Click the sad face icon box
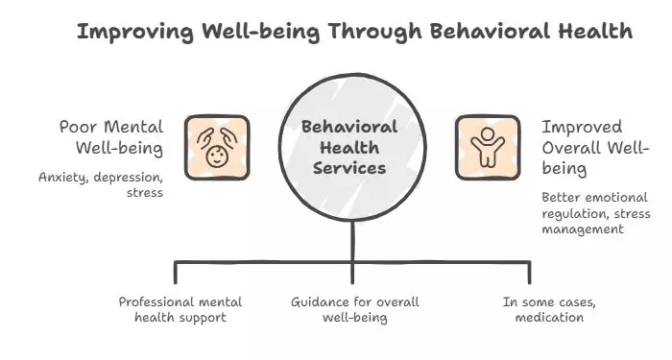(x=217, y=147)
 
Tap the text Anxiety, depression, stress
(x=102, y=185)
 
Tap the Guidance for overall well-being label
(x=352, y=309)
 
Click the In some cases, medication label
(x=543, y=309)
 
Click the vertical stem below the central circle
(x=352, y=240)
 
